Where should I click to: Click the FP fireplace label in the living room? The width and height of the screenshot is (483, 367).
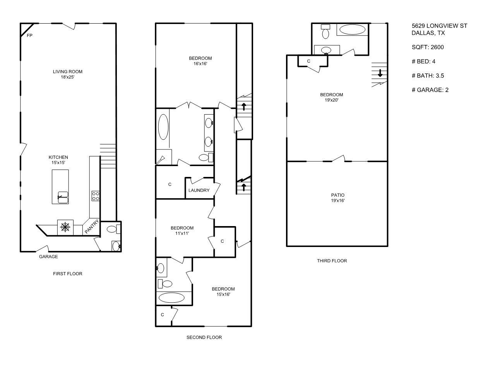click(29, 36)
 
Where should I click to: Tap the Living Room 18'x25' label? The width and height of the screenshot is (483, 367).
click(68, 74)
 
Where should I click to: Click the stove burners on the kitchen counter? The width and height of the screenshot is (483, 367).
click(95, 196)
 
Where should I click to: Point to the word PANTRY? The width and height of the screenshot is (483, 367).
click(92, 227)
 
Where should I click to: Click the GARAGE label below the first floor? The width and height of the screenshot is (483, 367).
click(48, 257)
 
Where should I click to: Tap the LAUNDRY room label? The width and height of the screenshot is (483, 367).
click(199, 190)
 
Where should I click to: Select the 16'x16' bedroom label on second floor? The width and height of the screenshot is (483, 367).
click(200, 61)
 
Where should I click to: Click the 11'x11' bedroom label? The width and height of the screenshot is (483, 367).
click(182, 231)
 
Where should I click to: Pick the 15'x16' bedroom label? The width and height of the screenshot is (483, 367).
click(223, 292)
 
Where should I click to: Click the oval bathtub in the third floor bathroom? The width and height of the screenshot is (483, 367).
click(351, 30)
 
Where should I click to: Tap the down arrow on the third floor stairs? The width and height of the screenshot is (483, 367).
click(380, 73)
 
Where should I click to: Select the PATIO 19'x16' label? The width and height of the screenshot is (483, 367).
click(337, 198)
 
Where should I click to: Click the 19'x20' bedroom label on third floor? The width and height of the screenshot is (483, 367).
click(331, 98)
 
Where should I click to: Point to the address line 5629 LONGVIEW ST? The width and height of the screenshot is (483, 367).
click(439, 26)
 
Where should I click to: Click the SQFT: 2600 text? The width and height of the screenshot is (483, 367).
click(428, 47)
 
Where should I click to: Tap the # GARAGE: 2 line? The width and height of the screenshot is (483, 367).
click(430, 90)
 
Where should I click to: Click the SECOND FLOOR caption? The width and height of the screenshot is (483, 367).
click(204, 338)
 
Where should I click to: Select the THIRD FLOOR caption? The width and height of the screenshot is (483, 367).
click(332, 261)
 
